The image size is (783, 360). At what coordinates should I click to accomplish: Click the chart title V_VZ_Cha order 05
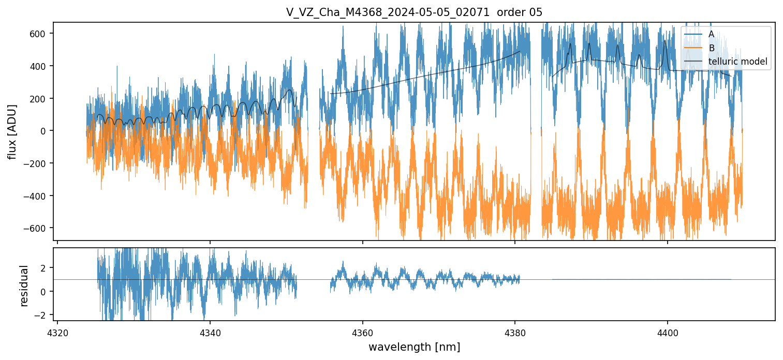coord(414,12)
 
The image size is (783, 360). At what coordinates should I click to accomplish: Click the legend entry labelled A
coord(711,34)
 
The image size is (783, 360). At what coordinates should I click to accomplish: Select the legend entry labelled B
coord(711,48)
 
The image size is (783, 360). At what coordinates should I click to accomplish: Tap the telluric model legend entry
coord(737,62)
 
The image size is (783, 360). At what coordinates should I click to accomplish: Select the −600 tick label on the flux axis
coord(38,228)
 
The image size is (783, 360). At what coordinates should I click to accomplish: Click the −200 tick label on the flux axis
coord(38,163)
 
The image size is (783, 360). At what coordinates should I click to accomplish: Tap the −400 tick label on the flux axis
coord(38,196)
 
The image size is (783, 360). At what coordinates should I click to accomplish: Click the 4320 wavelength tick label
coord(57,332)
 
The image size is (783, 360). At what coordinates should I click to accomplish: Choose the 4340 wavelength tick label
coord(210,332)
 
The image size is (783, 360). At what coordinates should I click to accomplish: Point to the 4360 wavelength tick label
coord(362,332)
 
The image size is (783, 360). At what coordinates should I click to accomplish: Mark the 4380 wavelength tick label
coord(515,332)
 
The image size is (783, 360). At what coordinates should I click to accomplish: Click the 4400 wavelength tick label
coord(667,332)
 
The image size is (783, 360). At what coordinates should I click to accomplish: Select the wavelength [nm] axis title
coord(414,347)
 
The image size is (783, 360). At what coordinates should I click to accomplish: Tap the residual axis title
coord(24,285)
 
